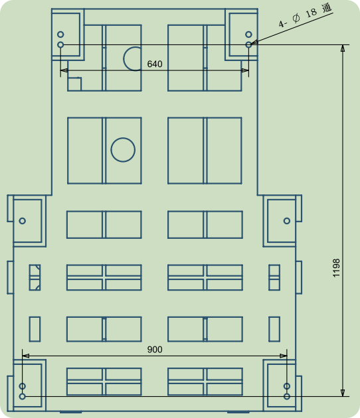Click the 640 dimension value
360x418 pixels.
(155, 64)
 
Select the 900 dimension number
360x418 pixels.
(155, 350)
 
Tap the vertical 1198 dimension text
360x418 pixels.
(336, 268)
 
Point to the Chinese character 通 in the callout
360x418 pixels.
(327, 8)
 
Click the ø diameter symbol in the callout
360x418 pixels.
(296, 19)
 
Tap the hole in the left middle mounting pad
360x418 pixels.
(23, 221)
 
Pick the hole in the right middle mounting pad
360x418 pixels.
(287, 221)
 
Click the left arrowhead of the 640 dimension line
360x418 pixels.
(64, 70)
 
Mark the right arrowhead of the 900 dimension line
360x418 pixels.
(284, 356)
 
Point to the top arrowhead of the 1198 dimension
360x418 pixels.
(343, 48)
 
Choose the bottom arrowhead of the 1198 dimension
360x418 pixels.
(343, 393)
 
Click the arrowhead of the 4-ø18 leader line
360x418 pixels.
(254, 42)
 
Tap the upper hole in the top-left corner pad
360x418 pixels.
(60, 35)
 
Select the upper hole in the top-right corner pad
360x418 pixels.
(248, 35)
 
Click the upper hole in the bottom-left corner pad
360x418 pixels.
(23, 386)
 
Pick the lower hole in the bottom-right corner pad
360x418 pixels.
(287, 396)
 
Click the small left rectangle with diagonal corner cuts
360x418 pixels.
(35, 277)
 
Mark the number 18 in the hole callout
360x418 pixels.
(311, 13)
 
